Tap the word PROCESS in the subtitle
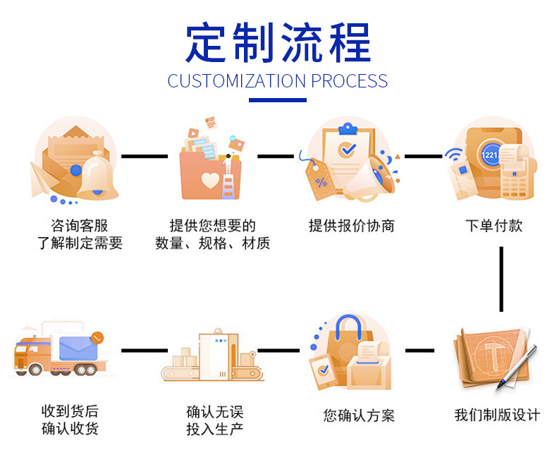tap(349, 81)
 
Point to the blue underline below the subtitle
tap(278, 100)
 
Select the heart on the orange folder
tap(210, 180)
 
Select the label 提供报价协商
tap(351, 226)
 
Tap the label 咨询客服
tap(80, 226)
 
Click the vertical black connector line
tap(501, 279)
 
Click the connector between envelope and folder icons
tap(145, 155)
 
